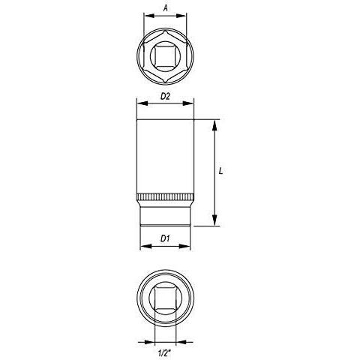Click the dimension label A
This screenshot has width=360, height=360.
click(x=165, y=8)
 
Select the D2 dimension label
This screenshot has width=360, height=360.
click(x=165, y=96)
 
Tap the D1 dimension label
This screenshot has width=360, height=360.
click(x=165, y=238)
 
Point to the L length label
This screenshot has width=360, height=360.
click(x=220, y=171)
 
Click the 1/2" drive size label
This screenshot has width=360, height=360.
click(x=164, y=353)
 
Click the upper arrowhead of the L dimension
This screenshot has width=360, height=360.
click(x=214, y=125)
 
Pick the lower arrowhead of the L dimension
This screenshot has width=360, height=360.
click(x=214, y=220)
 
